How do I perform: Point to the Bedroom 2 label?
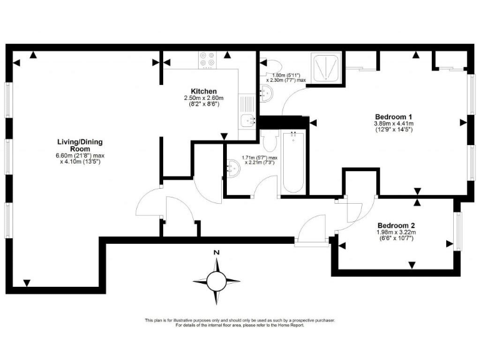[396, 225]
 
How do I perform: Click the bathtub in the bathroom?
[292, 162]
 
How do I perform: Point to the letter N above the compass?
[216, 252]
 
